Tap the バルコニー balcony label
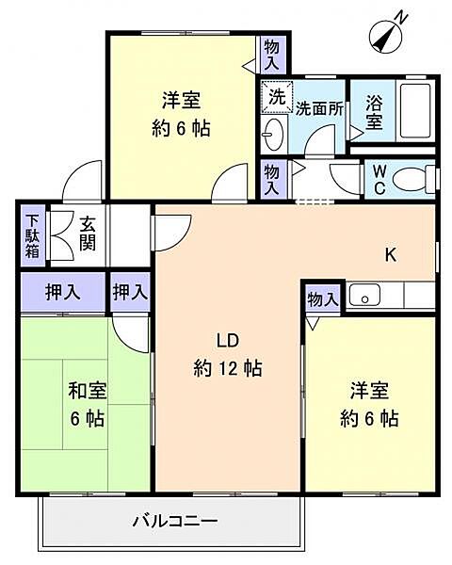(175, 521)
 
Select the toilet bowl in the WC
(413, 178)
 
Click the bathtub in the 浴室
(415, 110)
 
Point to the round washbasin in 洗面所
(273, 134)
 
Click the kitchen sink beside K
(364, 295)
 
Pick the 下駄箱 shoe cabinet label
(32, 236)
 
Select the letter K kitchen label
(391, 255)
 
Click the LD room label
(228, 341)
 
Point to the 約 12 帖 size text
(228, 368)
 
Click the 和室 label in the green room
(88, 391)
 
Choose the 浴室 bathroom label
(374, 112)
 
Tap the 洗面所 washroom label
(319, 109)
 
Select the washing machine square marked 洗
(277, 96)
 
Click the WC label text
(379, 179)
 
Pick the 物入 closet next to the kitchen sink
(323, 299)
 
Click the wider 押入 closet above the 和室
(63, 292)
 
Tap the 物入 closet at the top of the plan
(271, 55)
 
